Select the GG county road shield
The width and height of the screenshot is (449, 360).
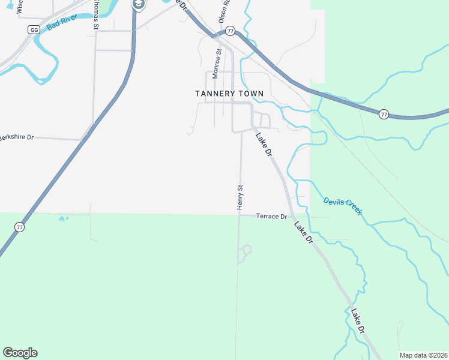click(34, 29)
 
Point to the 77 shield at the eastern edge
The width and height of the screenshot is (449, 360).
click(384, 114)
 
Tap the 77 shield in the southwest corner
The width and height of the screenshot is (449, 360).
click(20, 227)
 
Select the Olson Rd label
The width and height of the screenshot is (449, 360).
click(226, 11)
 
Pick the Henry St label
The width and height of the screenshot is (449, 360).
click(240, 197)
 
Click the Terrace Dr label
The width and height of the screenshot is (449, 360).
click(271, 216)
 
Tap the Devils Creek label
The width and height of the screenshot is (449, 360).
click(342, 206)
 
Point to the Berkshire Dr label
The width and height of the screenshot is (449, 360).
click(17, 137)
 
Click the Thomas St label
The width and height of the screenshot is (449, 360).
click(95, 15)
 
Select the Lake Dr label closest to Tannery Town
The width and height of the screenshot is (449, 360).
click(264, 145)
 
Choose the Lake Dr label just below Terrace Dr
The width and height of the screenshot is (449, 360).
click(304, 232)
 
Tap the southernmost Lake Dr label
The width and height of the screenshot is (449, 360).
click(358, 322)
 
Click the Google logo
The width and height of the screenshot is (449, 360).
click(20, 353)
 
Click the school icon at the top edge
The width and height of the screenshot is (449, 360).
click(139, 5)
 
